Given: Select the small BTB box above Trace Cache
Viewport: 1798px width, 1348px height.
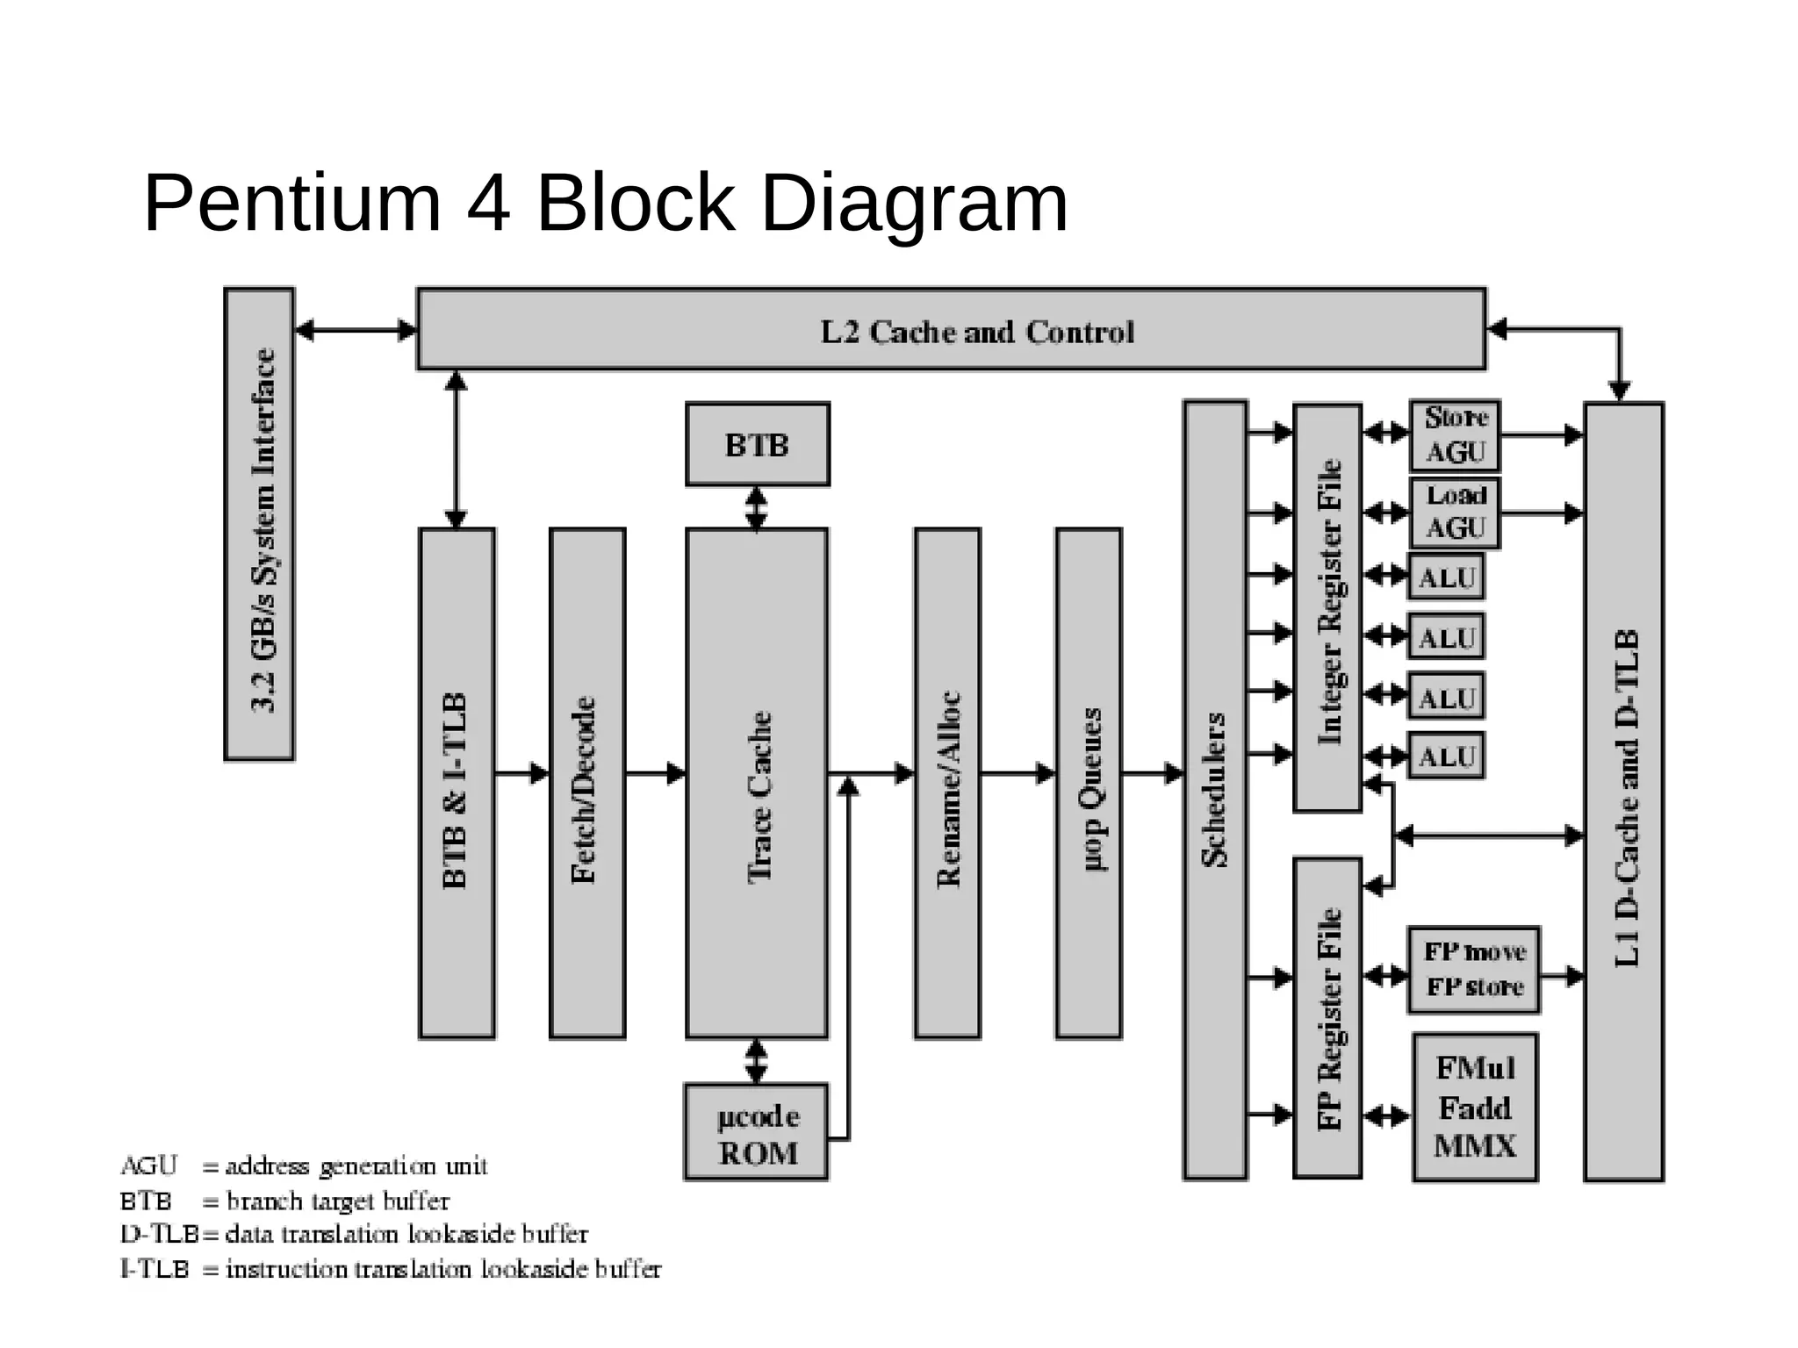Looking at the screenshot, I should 757,444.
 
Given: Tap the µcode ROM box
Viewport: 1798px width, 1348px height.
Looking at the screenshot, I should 756,1132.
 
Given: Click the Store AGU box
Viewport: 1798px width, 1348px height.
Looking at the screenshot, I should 1455,435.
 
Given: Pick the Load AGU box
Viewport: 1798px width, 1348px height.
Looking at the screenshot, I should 1455,513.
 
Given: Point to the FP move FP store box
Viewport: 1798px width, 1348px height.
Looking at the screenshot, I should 1473,970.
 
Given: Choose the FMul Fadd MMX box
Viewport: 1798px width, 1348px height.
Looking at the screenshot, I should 1475,1108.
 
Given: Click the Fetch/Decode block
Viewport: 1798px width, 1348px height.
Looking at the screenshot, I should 586,783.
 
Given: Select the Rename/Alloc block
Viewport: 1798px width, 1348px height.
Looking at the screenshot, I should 947,783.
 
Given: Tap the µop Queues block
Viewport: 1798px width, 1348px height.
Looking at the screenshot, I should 1089,783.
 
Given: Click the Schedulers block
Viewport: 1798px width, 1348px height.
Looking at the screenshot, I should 1215,790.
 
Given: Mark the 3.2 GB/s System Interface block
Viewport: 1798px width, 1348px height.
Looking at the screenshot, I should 259,524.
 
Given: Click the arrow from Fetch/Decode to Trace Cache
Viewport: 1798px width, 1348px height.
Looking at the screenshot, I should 655,773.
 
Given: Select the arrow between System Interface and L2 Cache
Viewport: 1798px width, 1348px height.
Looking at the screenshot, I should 356,330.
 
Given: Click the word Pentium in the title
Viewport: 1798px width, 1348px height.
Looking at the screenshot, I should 291,204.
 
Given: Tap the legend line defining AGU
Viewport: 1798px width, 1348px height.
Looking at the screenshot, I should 303,1165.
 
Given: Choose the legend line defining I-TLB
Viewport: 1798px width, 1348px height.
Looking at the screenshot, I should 391,1269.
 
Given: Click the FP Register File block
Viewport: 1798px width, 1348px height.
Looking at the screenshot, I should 1327,1018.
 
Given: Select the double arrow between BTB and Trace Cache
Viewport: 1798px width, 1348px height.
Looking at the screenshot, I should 756,507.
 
